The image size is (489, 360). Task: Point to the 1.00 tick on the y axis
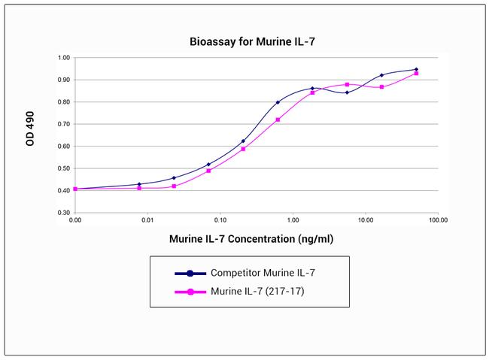pyautogui.click(x=64, y=58)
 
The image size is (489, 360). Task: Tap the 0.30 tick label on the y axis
pyautogui.click(x=64, y=213)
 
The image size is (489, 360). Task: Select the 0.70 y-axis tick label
pyautogui.click(x=64, y=124)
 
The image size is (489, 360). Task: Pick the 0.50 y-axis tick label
pyautogui.click(x=64, y=168)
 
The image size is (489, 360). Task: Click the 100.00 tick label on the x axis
pyautogui.click(x=439, y=221)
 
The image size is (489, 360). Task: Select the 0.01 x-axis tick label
pyautogui.click(x=147, y=221)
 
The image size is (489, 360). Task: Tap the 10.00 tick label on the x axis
pyautogui.click(x=366, y=221)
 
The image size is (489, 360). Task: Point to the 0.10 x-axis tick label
pyautogui.click(x=220, y=221)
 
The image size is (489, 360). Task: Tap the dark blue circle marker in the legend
pyautogui.click(x=192, y=273)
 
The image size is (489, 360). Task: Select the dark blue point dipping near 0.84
pyautogui.click(x=347, y=92)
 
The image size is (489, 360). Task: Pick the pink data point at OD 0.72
pyautogui.click(x=278, y=119)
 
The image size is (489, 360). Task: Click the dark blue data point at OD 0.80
pyautogui.click(x=278, y=102)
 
